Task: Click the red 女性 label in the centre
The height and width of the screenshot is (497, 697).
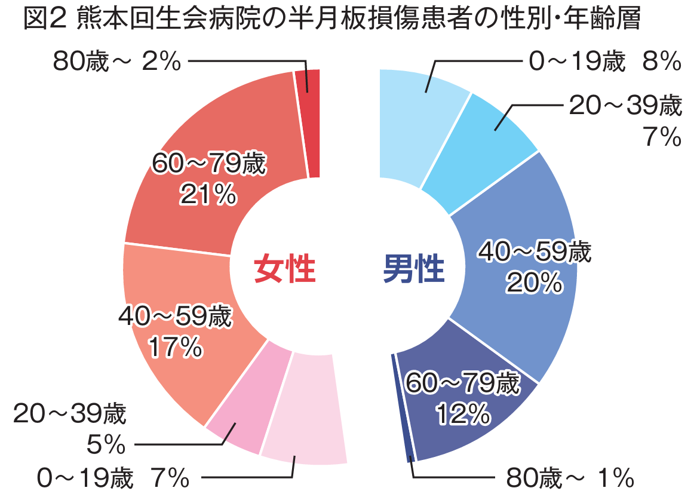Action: tap(284, 270)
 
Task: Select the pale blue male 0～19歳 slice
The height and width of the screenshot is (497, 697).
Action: tap(412, 119)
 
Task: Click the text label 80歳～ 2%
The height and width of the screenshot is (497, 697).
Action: tap(116, 61)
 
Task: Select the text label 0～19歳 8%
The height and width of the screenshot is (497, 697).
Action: tap(603, 61)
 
